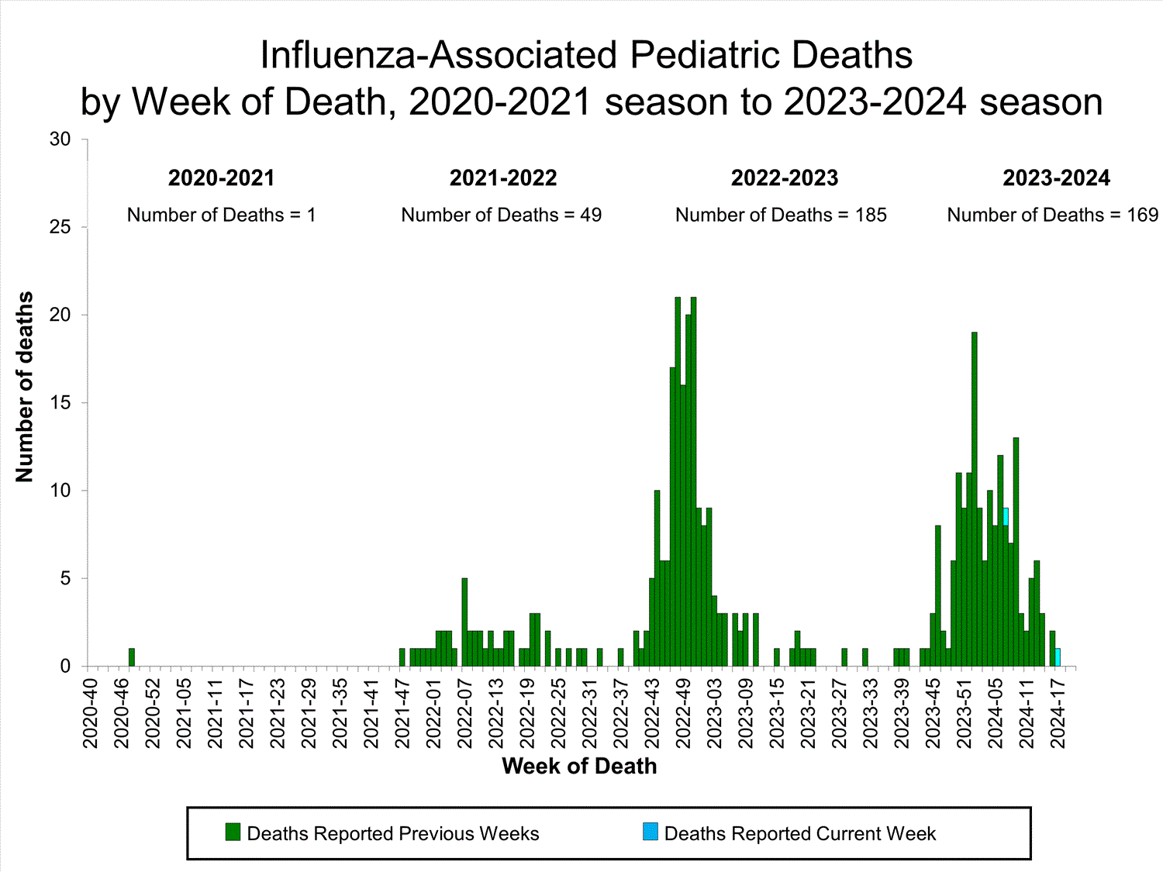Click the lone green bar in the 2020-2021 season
coord(132,657)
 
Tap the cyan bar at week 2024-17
coord(1058,657)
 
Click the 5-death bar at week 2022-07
coord(464,622)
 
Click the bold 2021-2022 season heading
coord(503,178)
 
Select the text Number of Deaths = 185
coord(781,215)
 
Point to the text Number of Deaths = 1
coord(221,215)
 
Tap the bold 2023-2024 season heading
coord(1056,178)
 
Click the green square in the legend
coord(233,832)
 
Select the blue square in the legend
coord(650,832)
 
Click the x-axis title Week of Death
coord(579,766)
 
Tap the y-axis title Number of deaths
coord(25,388)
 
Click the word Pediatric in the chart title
coord(702,56)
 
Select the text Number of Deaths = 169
coord(1052,215)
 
